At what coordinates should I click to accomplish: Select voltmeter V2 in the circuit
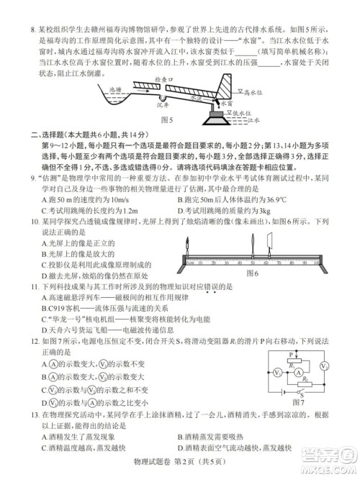click(x=325, y=366)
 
